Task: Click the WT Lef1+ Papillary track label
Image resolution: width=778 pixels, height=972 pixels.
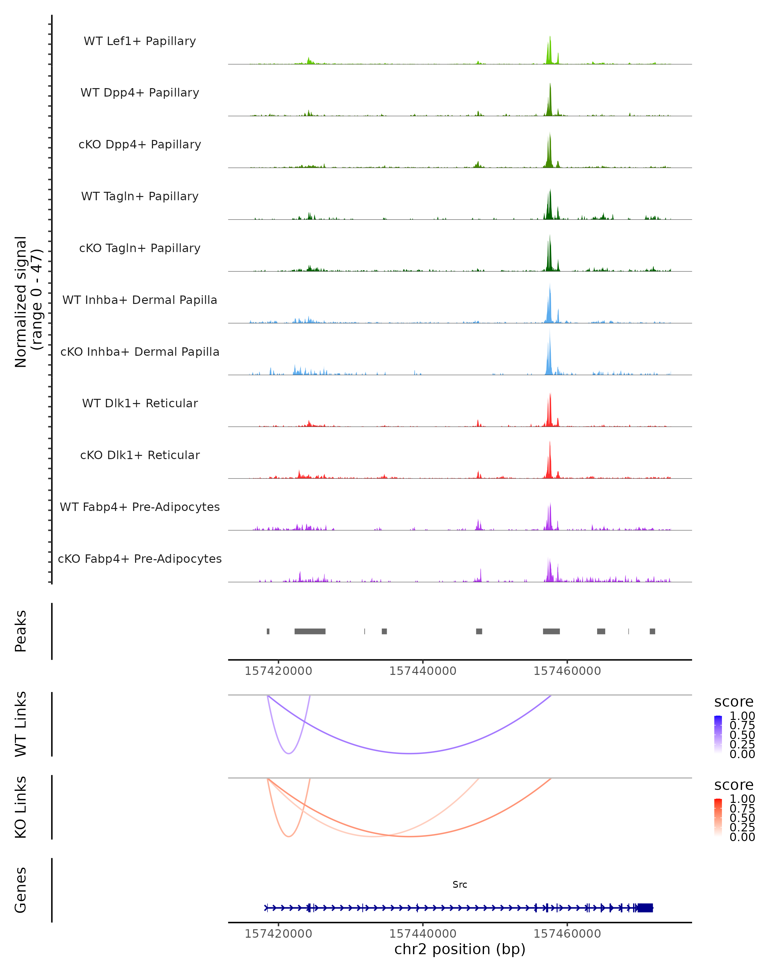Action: pyautogui.click(x=140, y=41)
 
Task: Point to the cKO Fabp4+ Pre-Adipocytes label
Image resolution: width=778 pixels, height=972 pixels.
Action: pyautogui.click(x=140, y=559)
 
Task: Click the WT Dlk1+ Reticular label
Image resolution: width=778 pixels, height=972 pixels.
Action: pyautogui.click(x=140, y=403)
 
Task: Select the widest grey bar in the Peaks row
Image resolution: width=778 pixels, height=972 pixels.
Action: pyautogui.click(x=310, y=631)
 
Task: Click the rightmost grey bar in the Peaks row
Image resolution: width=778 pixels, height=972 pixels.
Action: pyautogui.click(x=652, y=631)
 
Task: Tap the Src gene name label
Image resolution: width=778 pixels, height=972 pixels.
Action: pyautogui.click(x=460, y=885)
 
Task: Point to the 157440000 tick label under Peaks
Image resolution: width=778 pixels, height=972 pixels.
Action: pyautogui.click(x=423, y=671)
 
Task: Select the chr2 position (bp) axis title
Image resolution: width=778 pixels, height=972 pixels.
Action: pyautogui.click(x=460, y=949)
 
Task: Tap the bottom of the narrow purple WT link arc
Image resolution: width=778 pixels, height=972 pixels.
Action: pyautogui.click(x=289, y=753)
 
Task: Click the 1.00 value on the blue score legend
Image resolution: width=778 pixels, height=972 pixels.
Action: pyautogui.click(x=742, y=716)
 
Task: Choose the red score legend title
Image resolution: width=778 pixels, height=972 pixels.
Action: pyautogui.click(x=733, y=785)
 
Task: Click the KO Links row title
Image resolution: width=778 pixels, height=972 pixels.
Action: pyautogui.click(x=21, y=807)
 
